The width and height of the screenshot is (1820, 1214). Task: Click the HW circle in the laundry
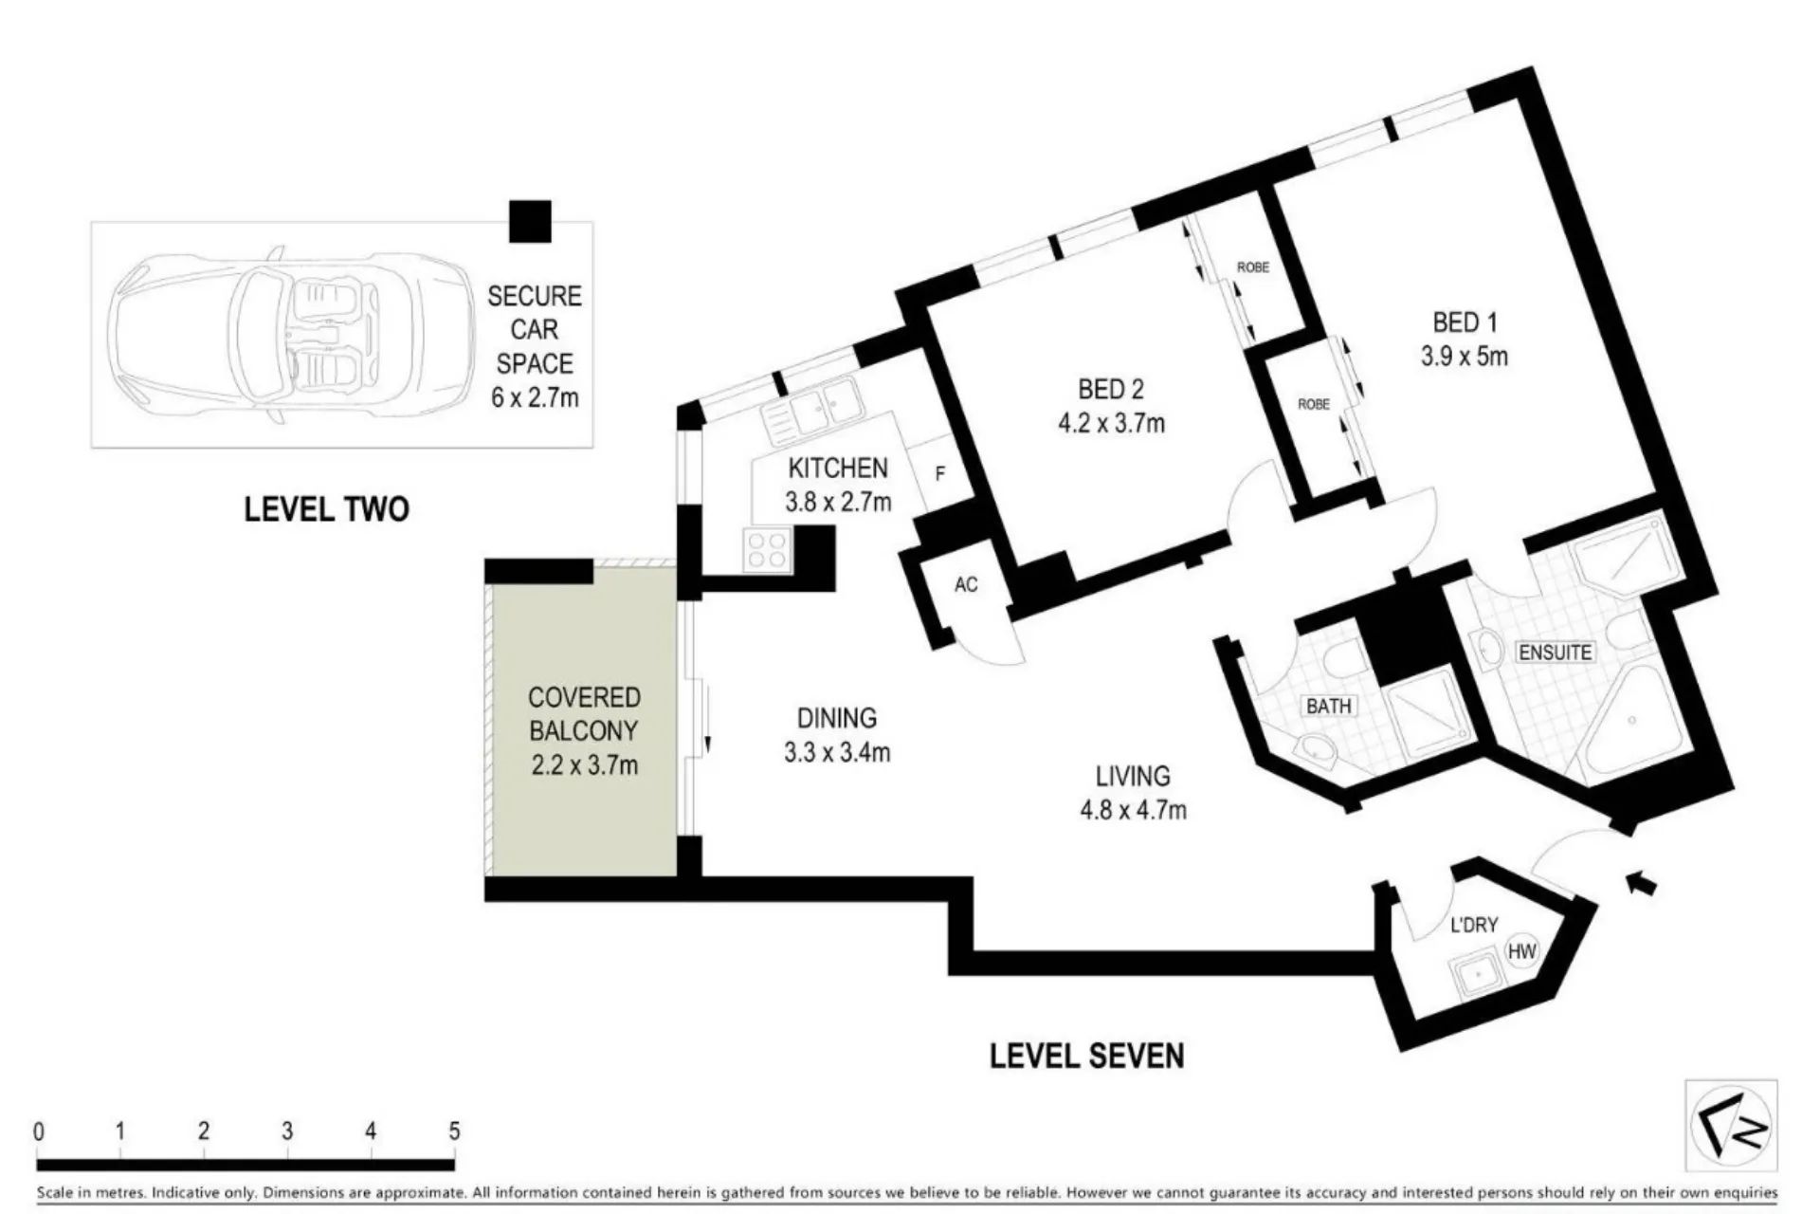pos(1521,951)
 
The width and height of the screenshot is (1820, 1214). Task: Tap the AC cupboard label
pos(966,585)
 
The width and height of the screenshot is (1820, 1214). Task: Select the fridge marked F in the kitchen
pos(939,473)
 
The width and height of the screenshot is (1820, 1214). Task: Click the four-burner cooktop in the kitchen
pos(769,549)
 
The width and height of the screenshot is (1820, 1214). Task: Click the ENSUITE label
pos(1555,653)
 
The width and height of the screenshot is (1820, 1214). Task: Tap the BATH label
pos(1328,707)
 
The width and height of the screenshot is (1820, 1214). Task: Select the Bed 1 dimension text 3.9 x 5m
pos(1464,357)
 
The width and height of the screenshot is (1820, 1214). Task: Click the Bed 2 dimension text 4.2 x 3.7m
pos(1111,423)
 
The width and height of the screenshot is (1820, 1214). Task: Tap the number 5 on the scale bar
pos(454,1131)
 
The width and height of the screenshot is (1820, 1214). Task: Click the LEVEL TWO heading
pos(327,509)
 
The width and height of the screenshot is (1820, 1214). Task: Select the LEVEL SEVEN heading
pos(1086,1056)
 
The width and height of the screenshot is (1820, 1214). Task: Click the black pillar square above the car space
pos(530,222)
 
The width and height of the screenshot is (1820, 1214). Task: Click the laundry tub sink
pos(1475,976)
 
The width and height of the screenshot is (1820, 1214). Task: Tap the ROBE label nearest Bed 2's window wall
pos(1252,267)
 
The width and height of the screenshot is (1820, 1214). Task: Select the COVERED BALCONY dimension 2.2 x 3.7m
pos(584,765)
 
